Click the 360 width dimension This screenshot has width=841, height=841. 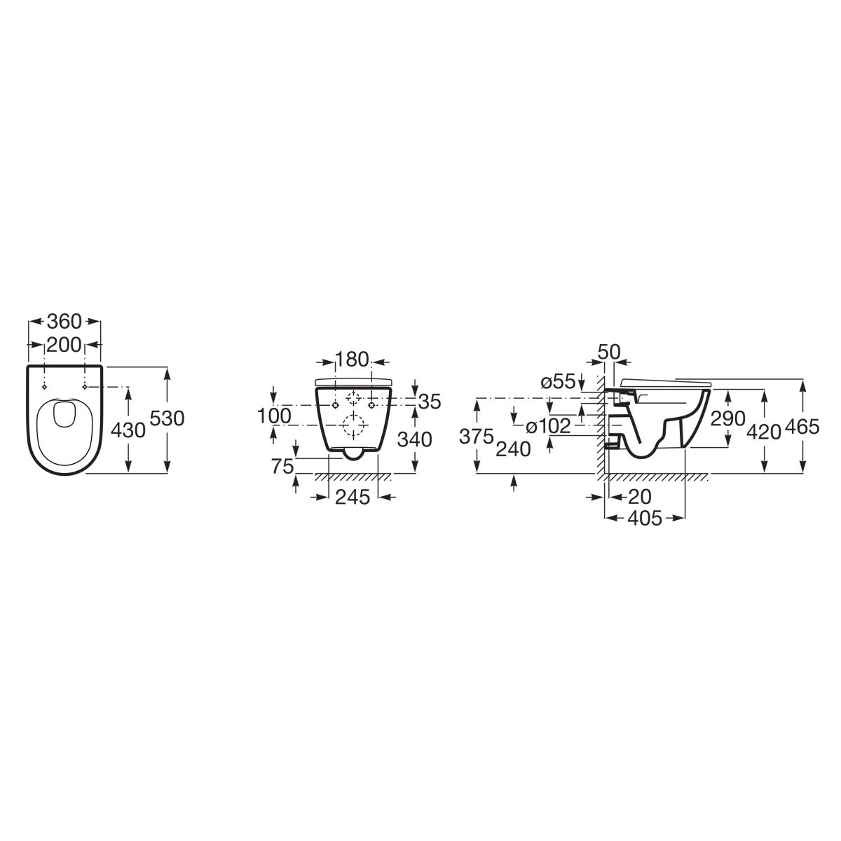[64, 322]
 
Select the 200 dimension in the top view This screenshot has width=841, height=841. [64, 346]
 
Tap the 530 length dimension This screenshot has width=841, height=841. [167, 418]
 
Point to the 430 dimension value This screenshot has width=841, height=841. [128, 431]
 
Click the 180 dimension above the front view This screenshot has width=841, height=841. [352, 360]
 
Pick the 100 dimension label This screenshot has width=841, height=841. [274, 416]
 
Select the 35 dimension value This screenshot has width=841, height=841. [430, 402]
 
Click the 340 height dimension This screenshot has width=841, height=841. [415, 439]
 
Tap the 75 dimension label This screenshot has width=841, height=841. [282, 467]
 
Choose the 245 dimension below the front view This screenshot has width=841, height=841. [353, 497]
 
